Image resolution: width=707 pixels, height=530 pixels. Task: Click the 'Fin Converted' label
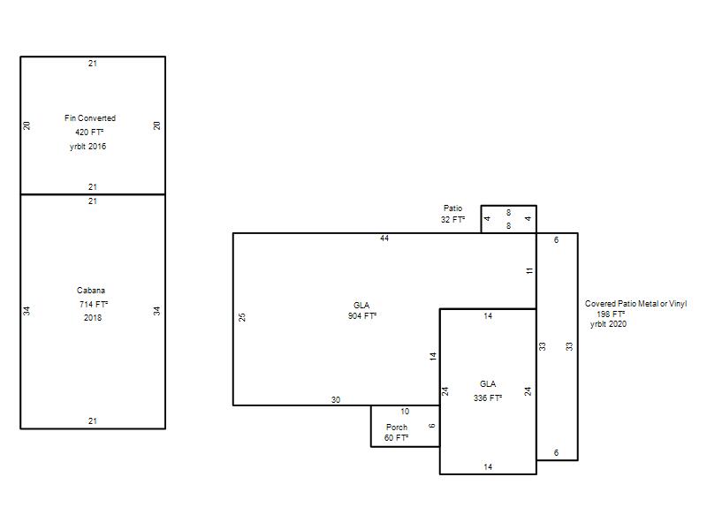point(90,118)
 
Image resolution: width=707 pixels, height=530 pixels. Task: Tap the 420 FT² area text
point(89,132)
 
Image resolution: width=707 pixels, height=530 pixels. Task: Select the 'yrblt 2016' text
point(87,147)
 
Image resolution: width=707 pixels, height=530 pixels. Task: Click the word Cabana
point(91,291)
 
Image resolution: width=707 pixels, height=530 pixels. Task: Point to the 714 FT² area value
point(94,304)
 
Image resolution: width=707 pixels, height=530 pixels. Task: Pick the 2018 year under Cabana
point(93,318)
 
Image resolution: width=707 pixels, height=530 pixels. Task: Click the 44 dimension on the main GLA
point(384,238)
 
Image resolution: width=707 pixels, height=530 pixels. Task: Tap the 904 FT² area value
point(362,316)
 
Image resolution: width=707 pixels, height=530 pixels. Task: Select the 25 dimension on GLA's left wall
point(242,317)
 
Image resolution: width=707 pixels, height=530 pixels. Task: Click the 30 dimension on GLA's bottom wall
point(336,400)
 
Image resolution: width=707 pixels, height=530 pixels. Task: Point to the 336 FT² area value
point(488,398)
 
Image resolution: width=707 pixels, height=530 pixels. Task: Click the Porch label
point(397,427)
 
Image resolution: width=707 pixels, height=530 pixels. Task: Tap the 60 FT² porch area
point(396,437)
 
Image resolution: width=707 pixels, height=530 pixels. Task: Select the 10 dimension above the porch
point(405,412)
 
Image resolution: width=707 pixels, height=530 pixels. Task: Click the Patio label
point(452,208)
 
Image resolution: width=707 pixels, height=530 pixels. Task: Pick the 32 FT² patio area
point(452,219)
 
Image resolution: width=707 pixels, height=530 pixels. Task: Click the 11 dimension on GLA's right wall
point(529,270)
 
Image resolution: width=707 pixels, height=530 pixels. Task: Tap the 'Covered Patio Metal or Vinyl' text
point(635,304)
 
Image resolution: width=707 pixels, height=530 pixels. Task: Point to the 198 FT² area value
point(611,314)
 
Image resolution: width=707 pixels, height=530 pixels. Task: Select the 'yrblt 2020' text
point(608,324)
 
